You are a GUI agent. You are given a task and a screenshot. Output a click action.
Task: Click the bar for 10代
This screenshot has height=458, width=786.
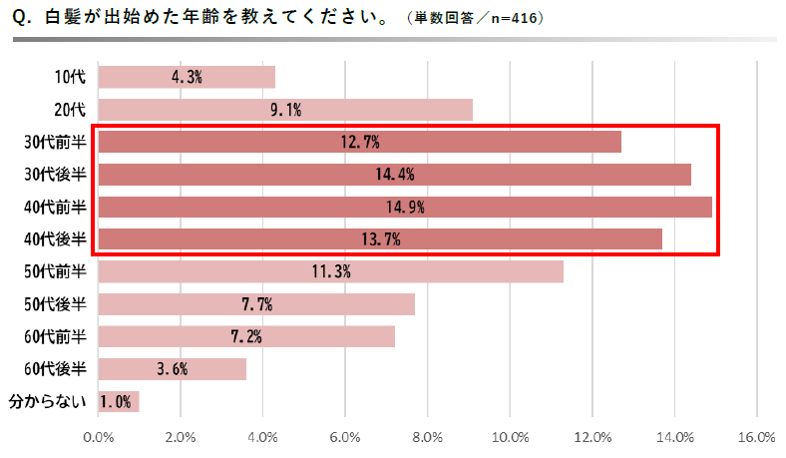point(187,78)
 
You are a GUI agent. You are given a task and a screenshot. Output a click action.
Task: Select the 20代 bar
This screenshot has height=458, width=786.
point(285,110)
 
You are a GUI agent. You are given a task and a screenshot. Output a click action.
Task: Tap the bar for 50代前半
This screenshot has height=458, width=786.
point(330,271)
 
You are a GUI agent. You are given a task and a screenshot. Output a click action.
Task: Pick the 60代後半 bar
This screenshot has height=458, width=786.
point(173,369)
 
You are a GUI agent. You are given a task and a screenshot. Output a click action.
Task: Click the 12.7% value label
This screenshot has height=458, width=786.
point(360,143)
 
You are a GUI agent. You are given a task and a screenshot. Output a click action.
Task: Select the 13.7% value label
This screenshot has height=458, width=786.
point(380,239)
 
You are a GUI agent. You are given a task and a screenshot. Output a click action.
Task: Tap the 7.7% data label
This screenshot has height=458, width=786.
point(256,304)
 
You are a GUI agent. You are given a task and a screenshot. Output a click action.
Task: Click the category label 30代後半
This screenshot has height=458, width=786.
point(56,175)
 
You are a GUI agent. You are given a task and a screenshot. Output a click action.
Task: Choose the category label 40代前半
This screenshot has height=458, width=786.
point(56,208)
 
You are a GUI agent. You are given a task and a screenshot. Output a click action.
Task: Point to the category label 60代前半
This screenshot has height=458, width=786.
point(56,337)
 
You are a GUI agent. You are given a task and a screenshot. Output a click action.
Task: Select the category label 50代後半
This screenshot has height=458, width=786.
point(56,304)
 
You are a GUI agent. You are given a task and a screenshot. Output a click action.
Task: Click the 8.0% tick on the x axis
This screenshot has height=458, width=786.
point(427,437)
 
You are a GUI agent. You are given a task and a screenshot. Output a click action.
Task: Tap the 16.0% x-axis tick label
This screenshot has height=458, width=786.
point(756,437)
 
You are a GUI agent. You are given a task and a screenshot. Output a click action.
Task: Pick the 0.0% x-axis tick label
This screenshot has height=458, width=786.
point(99,437)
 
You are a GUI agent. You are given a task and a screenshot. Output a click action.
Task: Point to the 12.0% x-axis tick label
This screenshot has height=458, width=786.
point(591,437)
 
